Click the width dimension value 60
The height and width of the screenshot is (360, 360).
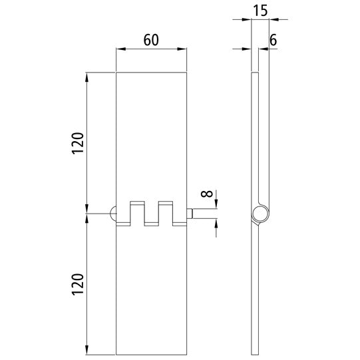click(x=150, y=39)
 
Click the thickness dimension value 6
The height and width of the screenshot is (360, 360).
click(x=273, y=39)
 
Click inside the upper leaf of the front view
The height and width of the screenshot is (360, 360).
click(x=150, y=133)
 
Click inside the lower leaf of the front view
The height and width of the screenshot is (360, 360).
click(x=150, y=293)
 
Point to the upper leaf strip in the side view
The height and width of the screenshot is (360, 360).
click(x=254, y=133)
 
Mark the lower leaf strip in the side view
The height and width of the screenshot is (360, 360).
click(x=254, y=293)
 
